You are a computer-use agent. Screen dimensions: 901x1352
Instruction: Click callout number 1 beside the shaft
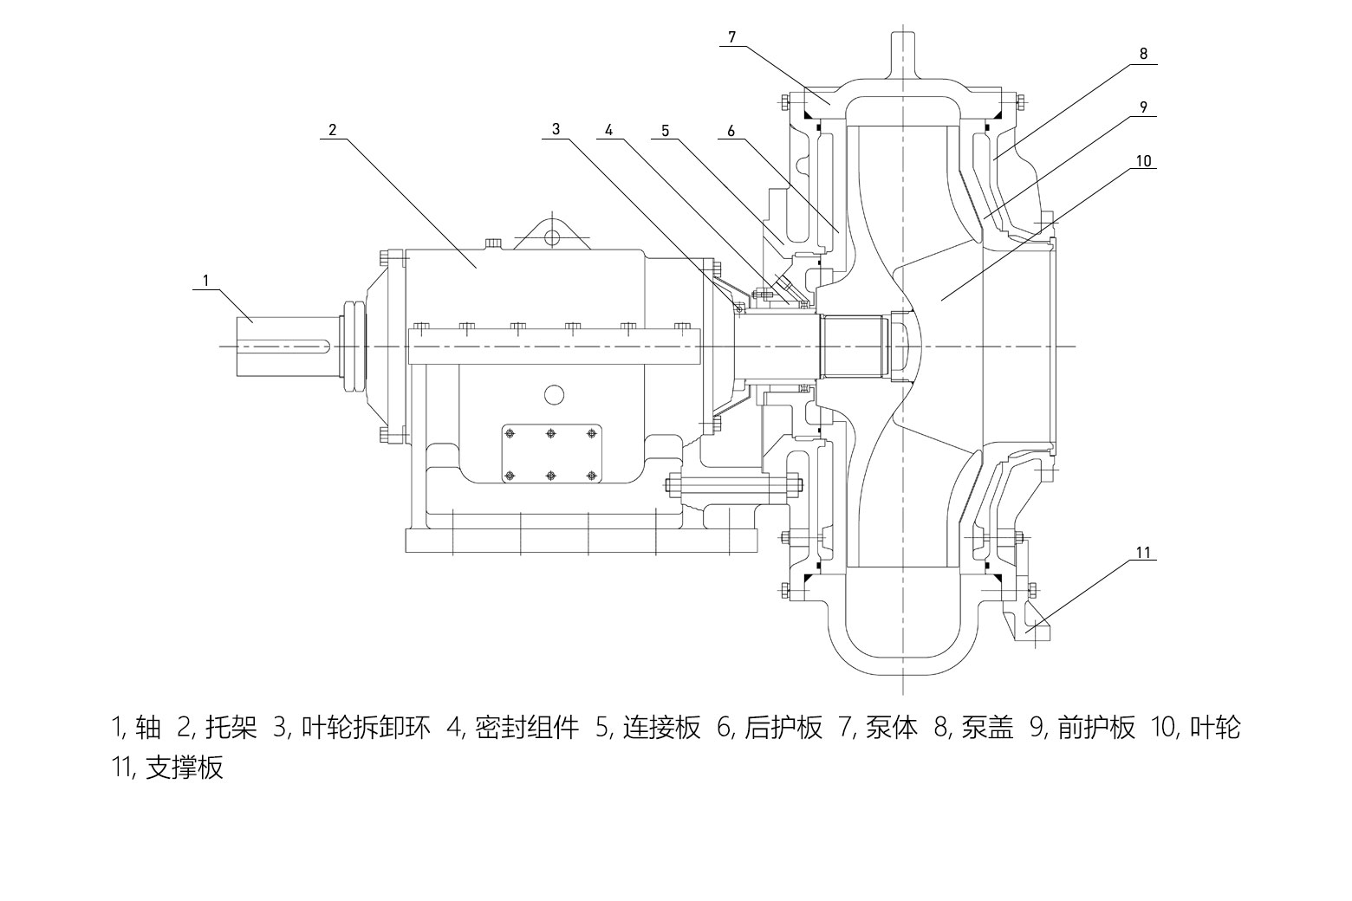tap(205, 280)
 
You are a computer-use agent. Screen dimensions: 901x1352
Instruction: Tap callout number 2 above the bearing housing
tap(332, 130)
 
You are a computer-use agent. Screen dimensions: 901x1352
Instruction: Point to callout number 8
tap(1143, 53)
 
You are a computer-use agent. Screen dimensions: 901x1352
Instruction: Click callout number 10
tap(1143, 160)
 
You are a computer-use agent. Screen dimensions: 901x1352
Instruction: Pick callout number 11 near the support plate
tap(1144, 552)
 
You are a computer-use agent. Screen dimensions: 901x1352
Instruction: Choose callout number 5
tap(666, 130)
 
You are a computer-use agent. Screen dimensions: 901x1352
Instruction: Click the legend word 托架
tap(231, 728)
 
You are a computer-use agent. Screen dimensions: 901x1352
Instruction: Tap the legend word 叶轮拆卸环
tap(366, 728)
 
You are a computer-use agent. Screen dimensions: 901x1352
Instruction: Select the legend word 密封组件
tap(528, 728)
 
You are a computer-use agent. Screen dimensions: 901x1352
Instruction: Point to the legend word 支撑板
tap(185, 768)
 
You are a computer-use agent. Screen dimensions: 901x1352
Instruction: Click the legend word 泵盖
tap(988, 728)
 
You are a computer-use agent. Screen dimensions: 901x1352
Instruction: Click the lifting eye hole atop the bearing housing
tap(552, 235)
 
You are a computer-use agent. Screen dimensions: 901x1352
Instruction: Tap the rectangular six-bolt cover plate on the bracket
tap(550, 454)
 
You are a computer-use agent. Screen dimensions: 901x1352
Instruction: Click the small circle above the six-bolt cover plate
tap(554, 395)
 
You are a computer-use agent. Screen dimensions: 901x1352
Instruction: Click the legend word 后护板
tap(783, 728)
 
